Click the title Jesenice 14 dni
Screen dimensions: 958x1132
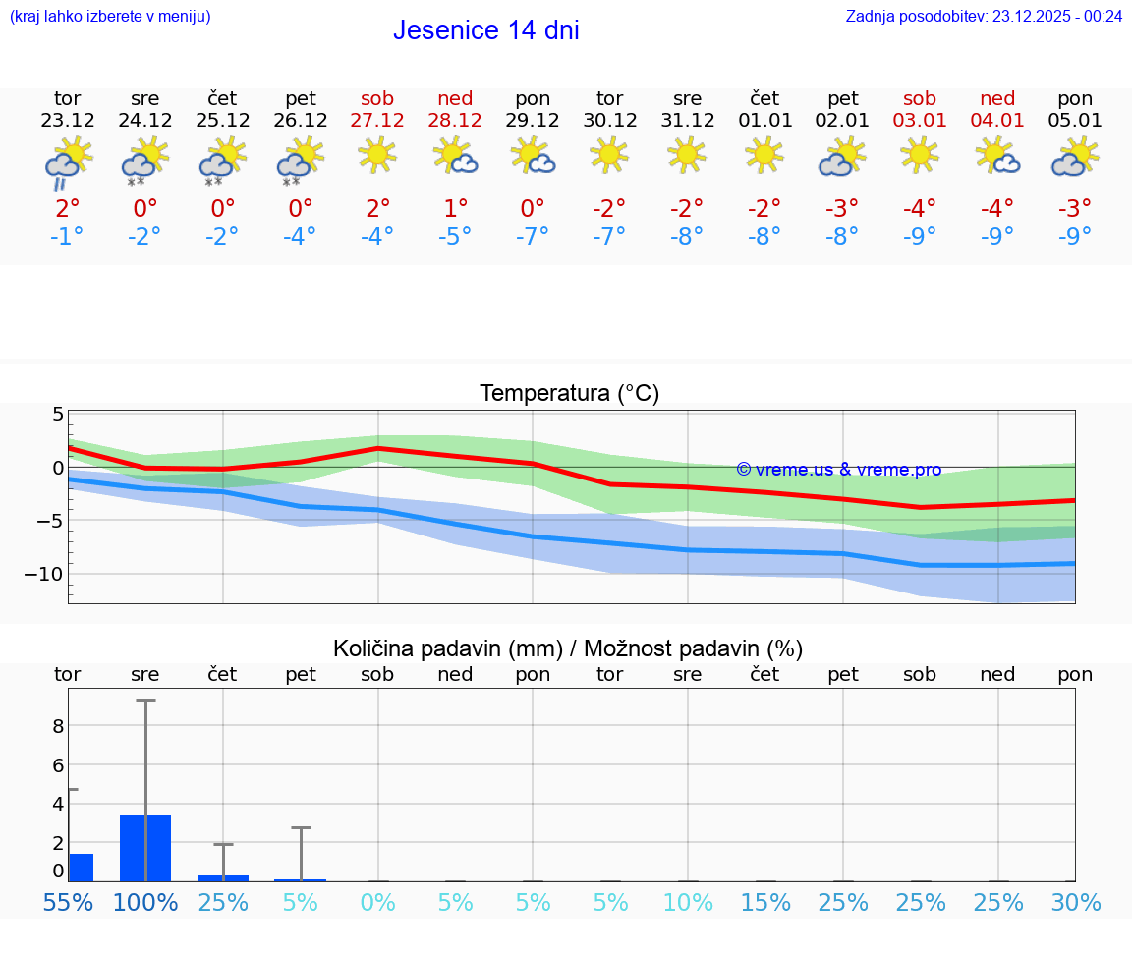click(485, 30)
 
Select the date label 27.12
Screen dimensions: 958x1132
click(377, 121)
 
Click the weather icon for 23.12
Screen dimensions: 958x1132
click(68, 160)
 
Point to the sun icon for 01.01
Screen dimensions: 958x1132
click(764, 154)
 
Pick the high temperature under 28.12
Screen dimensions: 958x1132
click(455, 208)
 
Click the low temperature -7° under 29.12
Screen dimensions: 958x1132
click(533, 236)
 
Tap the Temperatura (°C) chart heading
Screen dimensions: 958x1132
click(569, 394)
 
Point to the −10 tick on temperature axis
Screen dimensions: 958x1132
click(43, 574)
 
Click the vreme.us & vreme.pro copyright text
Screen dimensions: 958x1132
click(838, 470)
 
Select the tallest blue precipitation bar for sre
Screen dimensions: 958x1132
click(145, 848)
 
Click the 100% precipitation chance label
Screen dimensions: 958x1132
click(145, 902)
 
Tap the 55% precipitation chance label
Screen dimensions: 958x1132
click(68, 902)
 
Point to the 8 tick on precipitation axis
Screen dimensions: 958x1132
click(58, 726)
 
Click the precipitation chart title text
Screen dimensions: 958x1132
click(567, 648)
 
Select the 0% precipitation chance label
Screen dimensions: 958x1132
click(377, 902)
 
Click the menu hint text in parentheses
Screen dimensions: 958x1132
click(109, 16)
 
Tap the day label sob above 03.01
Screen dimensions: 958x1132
click(920, 98)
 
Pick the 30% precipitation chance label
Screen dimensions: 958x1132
click(1075, 902)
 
